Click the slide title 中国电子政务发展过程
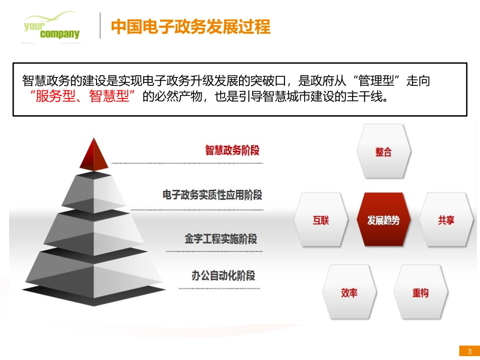pyautogui.click(x=190, y=27)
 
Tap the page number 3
pyautogui.click(x=469, y=351)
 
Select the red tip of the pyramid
pyautogui.click(x=94, y=153)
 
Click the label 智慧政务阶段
pyautogui.click(x=232, y=150)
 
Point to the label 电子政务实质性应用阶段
pyautogui.click(x=212, y=195)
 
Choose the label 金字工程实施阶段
pyautogui.click(x=221, y=238)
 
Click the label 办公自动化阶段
pyautogui.click(x=223, y=276)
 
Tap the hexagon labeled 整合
pyautogui.click(x=383, y=151)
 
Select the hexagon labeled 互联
pyautogui.click(x=321, y=220)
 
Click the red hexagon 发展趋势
pyautogui.click(x=383, y=220)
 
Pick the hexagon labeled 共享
pyautogui.click(x=446, y=220)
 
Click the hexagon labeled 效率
pyautogui.click(x=349, y=292)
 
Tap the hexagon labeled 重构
pyautogui.click(x=420, y=292)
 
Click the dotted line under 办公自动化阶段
pyautogui.click(x=220, y=289)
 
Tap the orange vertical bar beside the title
pyautogui.click(x=100, y=26)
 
